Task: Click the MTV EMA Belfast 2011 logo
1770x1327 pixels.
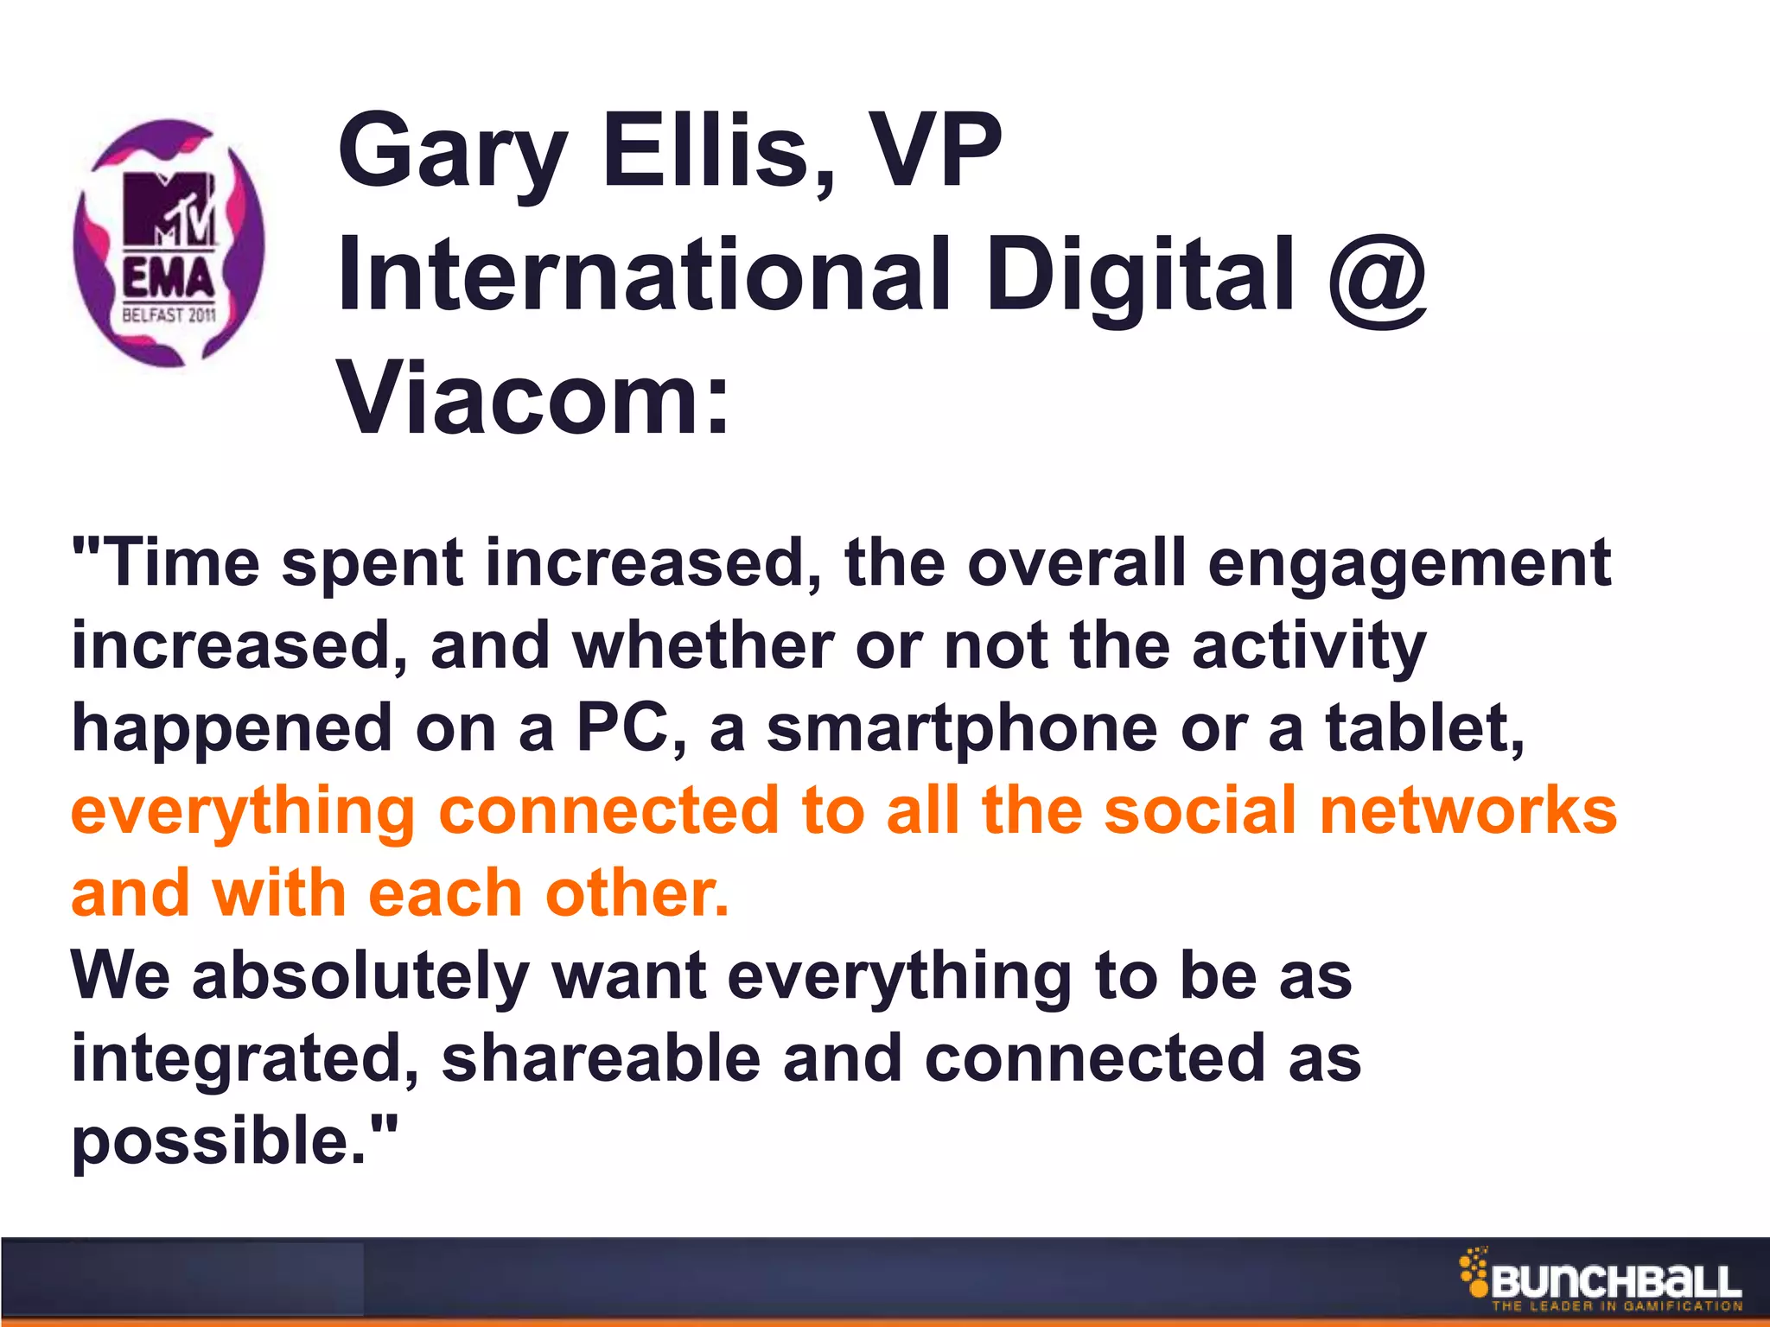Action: tap(169, 242)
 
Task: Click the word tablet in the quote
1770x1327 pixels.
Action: tap(1423, 727)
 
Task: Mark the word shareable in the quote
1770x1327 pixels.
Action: tap(601, 1059)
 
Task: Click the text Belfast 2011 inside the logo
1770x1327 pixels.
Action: tap(169, 315)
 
